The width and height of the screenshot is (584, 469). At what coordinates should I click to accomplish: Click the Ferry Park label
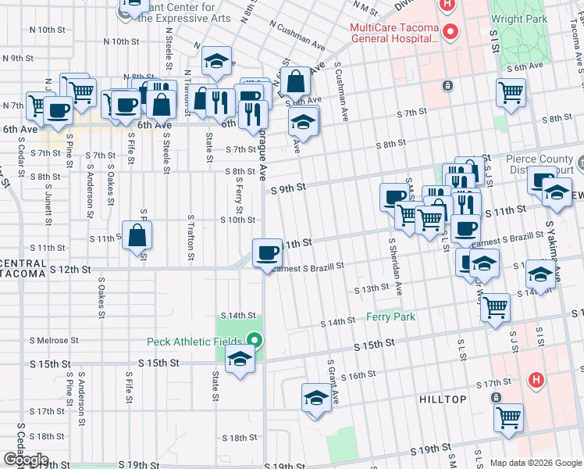point(390,317)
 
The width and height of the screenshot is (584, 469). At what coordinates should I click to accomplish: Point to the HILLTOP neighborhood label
point(444,399)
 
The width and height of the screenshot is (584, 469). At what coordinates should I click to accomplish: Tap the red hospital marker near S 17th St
point(536,381)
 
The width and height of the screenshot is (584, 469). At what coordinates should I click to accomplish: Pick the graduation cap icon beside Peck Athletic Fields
point(240,360)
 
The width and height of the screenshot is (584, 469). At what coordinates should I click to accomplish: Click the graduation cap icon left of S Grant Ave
point(315,397)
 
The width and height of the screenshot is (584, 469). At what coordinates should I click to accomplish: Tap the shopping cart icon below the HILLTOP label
point(508,417)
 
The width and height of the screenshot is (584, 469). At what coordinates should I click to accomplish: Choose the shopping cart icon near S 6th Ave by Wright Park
point(510,92)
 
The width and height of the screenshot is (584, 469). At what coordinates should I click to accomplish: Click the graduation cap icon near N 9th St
point(218,61)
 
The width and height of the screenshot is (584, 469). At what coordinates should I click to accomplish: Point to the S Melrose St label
point(54,340)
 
